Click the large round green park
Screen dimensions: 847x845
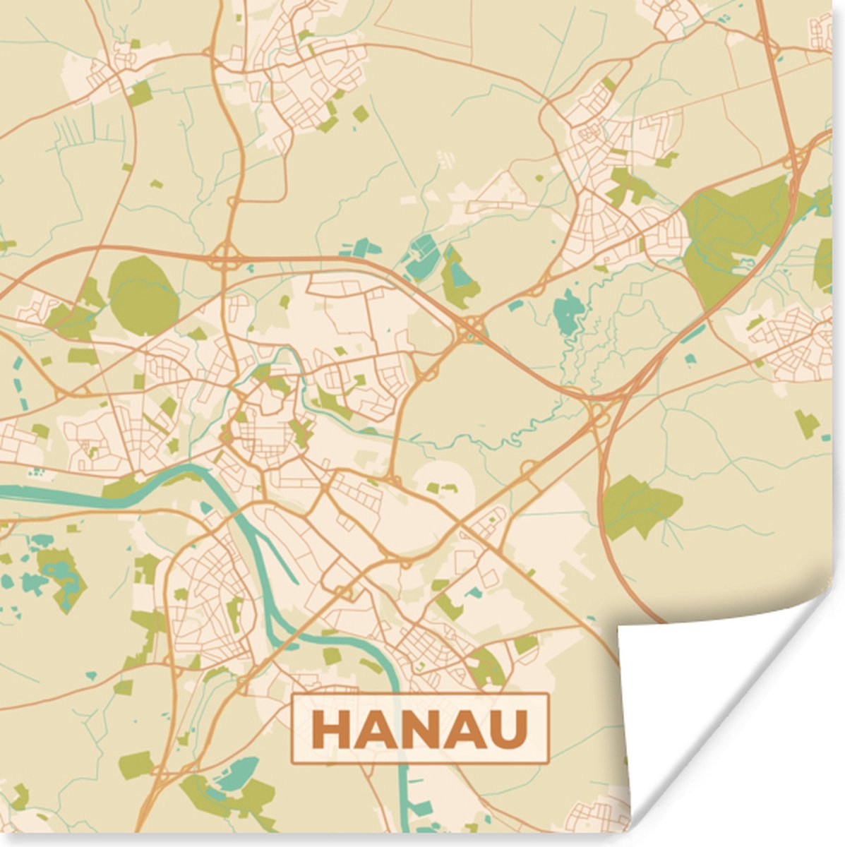click(143, 294)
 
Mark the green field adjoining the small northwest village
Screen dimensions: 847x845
click(140, 92)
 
